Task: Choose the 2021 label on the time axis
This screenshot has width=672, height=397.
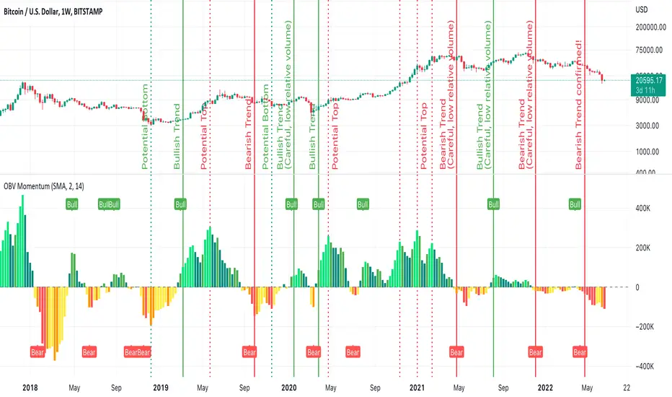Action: click(418, 387)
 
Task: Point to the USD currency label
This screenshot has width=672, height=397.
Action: click(640, 10)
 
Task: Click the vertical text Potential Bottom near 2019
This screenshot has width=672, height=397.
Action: click(146, 126)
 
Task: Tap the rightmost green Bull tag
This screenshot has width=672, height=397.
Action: click(575, 204)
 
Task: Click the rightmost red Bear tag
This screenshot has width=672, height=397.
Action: click(580, 352)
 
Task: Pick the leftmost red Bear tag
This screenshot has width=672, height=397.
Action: click(37, 352)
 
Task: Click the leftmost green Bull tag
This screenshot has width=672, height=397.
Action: click(71, 204)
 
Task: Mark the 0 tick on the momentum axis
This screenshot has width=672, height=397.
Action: click(636, 287)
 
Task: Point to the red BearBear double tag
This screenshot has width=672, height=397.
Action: click(137, 352)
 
